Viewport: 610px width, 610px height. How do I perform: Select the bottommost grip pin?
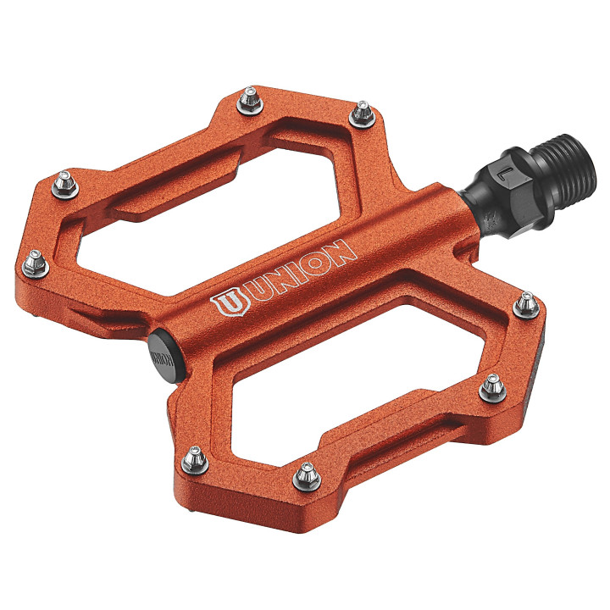point(303,477)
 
